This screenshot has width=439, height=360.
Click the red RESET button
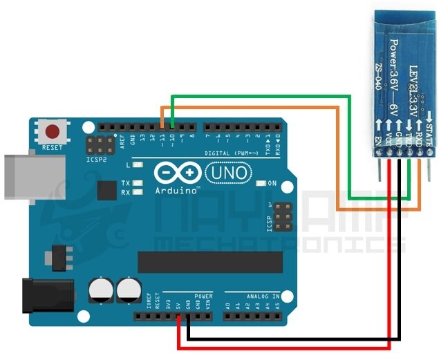point(52,131)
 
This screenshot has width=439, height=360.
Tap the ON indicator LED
point(261,184)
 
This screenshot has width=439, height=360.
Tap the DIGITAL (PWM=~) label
point(238,153)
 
